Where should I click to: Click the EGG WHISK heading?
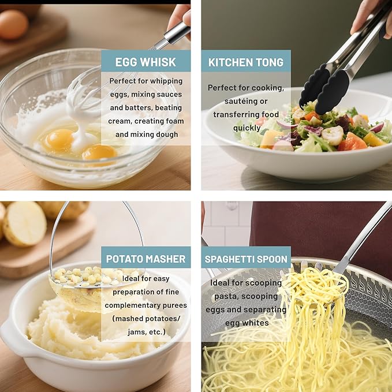tap(145, 62)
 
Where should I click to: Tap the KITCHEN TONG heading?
tap(246, 62)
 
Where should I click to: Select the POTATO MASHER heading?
tap(145, 259)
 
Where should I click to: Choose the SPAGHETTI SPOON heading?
tap(246, 259)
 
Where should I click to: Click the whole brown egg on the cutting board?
tap(13, 24)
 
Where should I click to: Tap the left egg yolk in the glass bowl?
tap(59, 140)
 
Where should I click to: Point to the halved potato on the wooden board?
tap(24, 225)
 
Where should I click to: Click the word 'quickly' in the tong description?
tap(247, 128)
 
